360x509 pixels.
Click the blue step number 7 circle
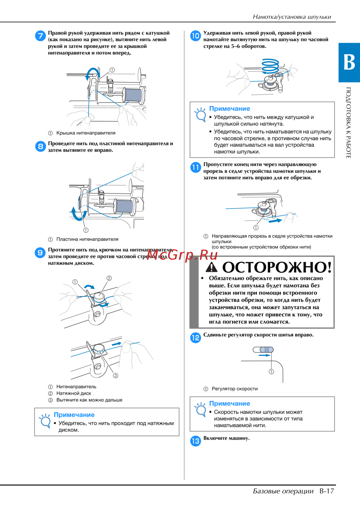tap(40, 36)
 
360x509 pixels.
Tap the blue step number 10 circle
tap(195, 36)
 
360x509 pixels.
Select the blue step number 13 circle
tap(195, 441)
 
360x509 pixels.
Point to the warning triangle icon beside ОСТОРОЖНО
tap(211, 267)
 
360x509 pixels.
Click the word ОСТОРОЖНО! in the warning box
tap(277, 267)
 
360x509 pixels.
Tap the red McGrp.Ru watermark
tap(182, 255)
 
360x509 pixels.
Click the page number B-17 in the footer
tap(327, 491)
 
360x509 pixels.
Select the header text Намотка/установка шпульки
tap(292, 17)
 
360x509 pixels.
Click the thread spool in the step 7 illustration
tap(133, 95)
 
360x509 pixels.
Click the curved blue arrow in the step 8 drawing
tap(78, 214)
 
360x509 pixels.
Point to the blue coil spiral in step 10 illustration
tap(270, 66)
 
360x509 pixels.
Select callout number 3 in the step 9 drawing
tap(116, 376)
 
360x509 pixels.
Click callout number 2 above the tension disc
tap(109, 278)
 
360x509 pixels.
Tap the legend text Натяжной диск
tap(74, 393)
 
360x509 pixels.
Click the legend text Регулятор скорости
tap(235, 389)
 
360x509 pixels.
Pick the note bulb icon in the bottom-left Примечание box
tap(45, 421)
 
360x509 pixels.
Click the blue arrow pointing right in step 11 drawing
tap(275, 221)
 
